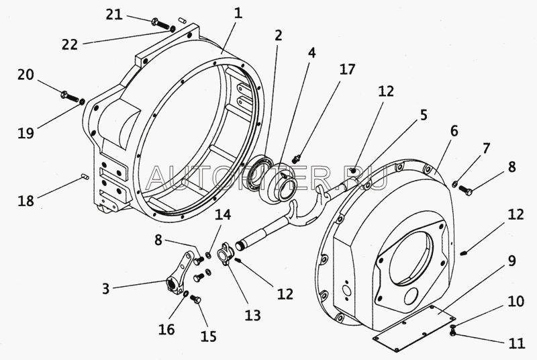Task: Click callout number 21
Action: coord(115,14)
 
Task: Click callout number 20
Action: coord(26,75)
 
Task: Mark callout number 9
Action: coord(511,260)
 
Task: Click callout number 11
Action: coord(515,344)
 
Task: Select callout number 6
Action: coord(454,132)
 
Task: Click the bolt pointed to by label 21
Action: coord(158,24)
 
